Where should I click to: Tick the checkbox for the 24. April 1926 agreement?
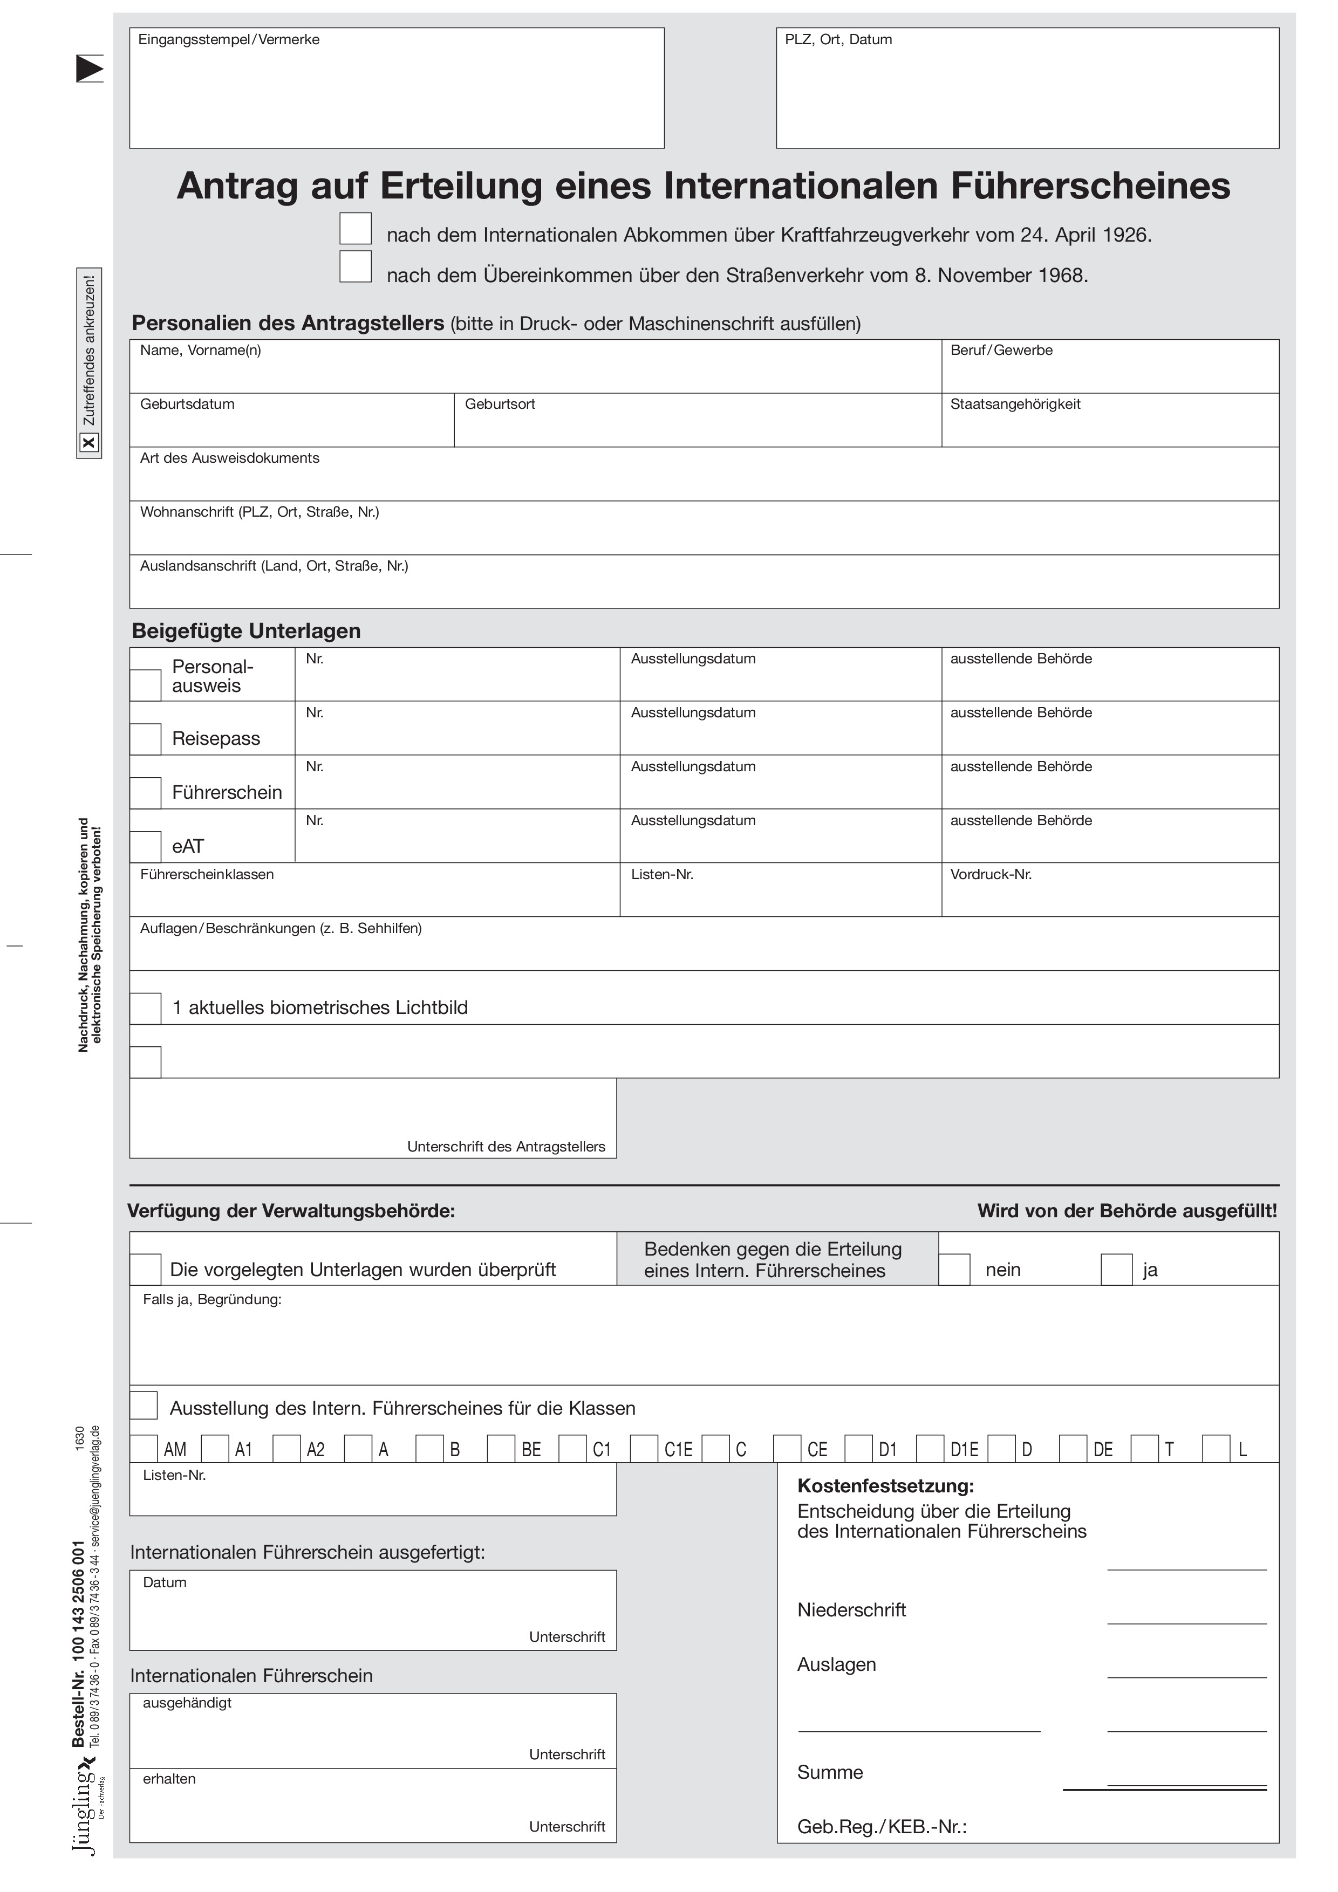tap(356, 228)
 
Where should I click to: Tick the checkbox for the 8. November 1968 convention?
tap(356, 266)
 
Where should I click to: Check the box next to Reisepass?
tap(146, 739)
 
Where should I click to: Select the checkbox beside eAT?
tap(146, 846)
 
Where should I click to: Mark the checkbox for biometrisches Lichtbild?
tap(146, 1008)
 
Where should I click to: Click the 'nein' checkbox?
tap(955, 1270)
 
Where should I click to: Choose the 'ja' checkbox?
tap(1116, 1270)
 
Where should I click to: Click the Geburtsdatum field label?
tap(187, 405)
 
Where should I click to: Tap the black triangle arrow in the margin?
tap(89, 68)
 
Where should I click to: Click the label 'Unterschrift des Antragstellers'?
tap(506, 1147)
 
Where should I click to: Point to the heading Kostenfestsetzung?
tap(885, 1486)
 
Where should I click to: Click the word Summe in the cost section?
tap(829, 1772)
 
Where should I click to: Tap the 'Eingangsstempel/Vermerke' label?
tap(228, 39)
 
